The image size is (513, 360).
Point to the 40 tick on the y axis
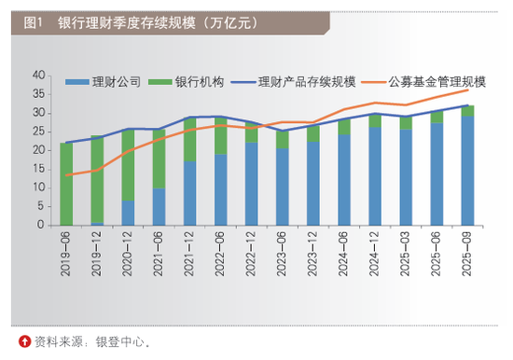[38, 75]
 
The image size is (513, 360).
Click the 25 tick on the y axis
[38, 132]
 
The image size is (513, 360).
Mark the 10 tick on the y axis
[38, 187]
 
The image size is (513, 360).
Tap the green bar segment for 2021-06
[159, 159]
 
